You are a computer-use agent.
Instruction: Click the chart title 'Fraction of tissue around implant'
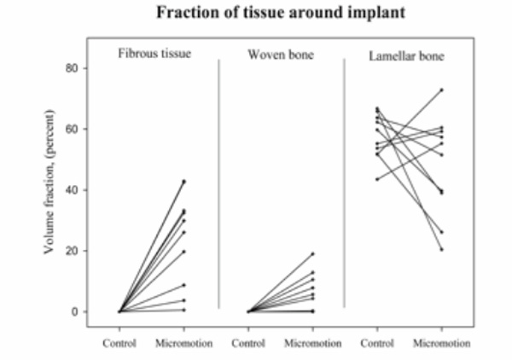281,13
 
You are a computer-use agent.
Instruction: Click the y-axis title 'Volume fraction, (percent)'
49,182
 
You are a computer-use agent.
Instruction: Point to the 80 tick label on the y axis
72,68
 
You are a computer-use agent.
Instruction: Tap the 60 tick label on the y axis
72,129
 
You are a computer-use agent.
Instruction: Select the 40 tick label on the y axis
72,190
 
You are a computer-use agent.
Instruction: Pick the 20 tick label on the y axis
72,251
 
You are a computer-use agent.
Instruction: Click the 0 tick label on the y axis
75,311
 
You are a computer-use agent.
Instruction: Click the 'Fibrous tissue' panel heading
154,53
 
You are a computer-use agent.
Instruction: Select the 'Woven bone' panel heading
281,55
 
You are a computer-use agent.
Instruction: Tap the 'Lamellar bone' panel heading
406,56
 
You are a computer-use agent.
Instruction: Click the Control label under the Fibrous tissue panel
119,343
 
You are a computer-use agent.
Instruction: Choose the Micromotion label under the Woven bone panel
313,343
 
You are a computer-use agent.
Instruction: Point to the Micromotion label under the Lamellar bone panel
442,343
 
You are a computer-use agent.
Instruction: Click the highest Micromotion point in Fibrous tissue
183,181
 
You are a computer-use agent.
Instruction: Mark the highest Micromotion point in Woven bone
313,253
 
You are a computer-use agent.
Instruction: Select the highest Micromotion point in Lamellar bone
442,90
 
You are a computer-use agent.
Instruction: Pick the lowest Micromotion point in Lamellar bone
442,250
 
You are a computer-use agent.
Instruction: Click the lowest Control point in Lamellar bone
377,179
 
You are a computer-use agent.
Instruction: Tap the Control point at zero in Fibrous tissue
119,311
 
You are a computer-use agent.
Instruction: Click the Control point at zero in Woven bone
248,311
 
